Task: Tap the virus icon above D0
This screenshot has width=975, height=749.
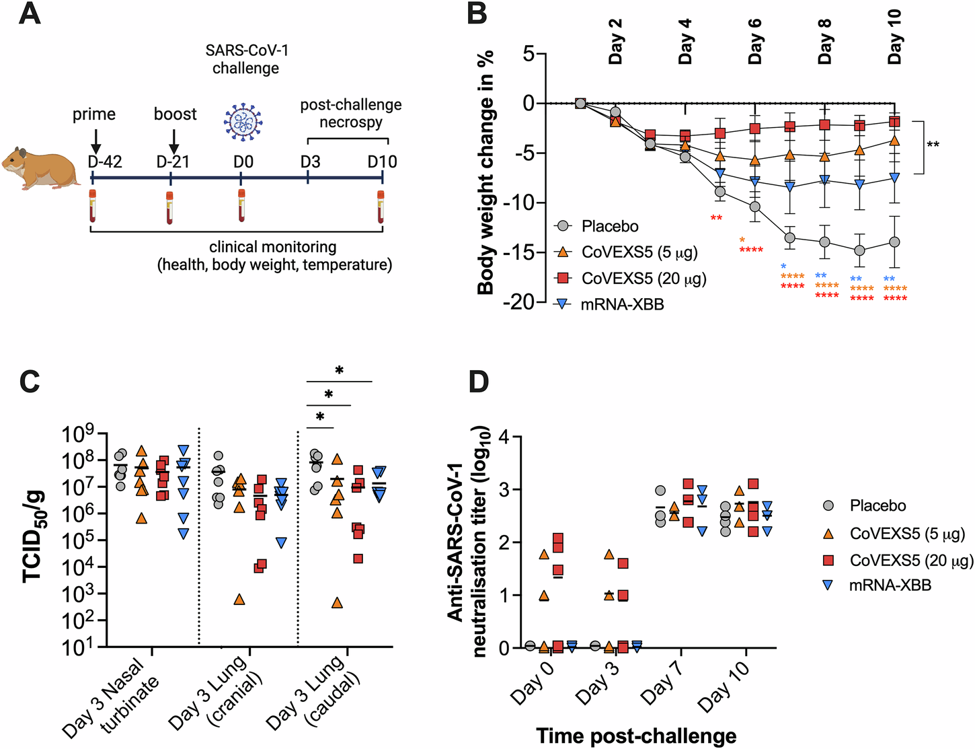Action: pyautogui.click(x=243, y=122)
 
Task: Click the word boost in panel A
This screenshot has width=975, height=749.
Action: pyautogui.click(x=175, y=114)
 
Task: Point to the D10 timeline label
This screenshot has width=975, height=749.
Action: pyautogui.click(x=382, y=162)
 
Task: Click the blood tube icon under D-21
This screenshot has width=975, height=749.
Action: pyautogui.click(x=169, y=208)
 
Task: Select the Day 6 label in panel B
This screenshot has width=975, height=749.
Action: pyautogui.click(x=754, y=41)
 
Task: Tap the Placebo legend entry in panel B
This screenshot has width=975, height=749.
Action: pyautogui.click(x=610, y=226)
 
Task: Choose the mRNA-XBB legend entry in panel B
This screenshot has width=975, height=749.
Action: pyautogui.click(x=622, y=305)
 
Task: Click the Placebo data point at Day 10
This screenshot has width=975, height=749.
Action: pyautogui.click(x=894, y=242)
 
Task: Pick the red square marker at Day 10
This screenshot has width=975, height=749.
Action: pyautogui.click(x=894, y=122)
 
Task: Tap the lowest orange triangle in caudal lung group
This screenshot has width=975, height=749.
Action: pyautogui.click(x=337, y=603)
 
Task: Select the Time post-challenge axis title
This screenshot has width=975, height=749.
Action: pyautogui.click(x=635, y=736)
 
